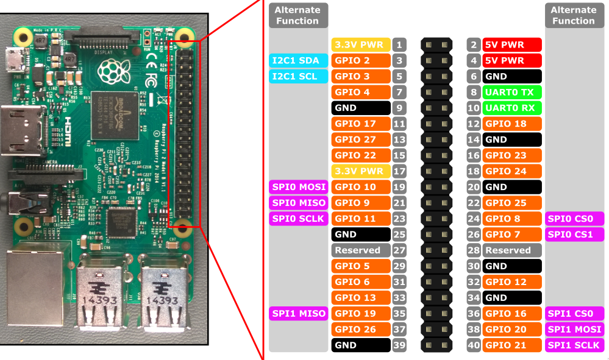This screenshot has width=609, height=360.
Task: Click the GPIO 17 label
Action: pyautogui.click(x=361, y=124)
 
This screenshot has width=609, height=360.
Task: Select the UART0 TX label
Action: pyautogui.click(x=512, y=92)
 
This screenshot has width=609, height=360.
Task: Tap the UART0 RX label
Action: pyautogui.click(x=512, y=108)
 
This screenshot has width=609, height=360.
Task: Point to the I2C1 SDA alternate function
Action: pyautogui.click(x=298, y=60)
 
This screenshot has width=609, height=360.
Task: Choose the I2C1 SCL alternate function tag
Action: pyautogui.click(x=298, y=76)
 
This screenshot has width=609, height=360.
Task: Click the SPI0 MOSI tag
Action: pyautogui.click(x=298, y=187)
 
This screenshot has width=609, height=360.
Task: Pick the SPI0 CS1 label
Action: pyautogui.click(x=574, y=235)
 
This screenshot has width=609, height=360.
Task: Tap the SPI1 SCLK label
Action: pyautogui.click(x=574, y=345)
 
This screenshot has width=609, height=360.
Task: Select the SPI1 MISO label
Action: pyautogui.click(x=298, y=314)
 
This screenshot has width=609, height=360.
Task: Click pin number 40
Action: pyautogui.click(x=474, y=345)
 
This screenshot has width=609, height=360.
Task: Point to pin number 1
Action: pyautogui.click(x=399, y=44)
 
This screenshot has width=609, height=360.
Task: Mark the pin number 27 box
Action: pyautogui.click(x=399, y=250)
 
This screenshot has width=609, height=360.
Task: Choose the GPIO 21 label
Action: pyautogui.click(x=512, y=345)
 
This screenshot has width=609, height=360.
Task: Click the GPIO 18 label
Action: pyautogui.click(x=512, y=124)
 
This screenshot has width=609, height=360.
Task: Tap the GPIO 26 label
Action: pyautogui.click(x=361, y=330)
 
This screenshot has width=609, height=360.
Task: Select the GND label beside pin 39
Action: pyautogui.click(x=361, y=345)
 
